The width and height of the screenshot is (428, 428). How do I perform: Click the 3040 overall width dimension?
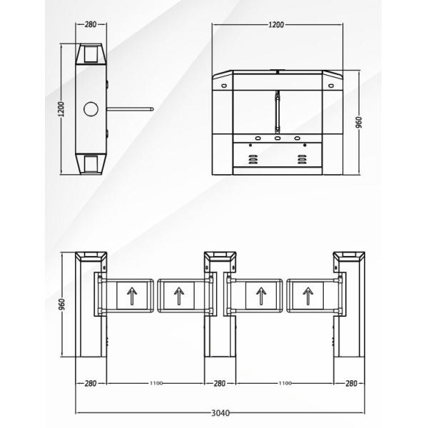click(x=220, y=413)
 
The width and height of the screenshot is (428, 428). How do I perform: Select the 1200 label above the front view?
click(x=276, y=25)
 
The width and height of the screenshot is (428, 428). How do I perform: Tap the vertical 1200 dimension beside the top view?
click(x=61, y=109)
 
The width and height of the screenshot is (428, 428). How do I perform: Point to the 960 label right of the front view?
click(x=359, y=122)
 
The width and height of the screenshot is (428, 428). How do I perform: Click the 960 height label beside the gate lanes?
click(x=62, y=304)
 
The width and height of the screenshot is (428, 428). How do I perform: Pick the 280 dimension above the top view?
click(x=91, y=24)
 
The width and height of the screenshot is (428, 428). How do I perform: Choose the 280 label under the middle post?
click(x=220, y=384)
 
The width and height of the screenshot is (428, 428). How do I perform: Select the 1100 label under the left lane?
click(x=156, y=383)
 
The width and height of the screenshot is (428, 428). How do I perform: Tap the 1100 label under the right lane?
click(x=285, y=383)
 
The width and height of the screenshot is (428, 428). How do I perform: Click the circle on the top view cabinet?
click(x=91, y=109)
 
